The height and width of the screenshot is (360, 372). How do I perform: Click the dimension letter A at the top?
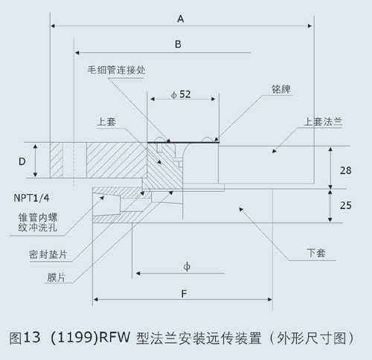[181, 19]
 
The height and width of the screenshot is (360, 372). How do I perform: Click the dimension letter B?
[178, 44]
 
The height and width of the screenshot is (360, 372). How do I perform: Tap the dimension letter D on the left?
[22, 161]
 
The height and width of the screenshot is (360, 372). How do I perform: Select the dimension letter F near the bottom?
[184, 294]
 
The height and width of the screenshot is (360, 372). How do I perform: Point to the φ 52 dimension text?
[181, 94]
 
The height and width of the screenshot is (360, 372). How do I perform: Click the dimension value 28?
[345, 170]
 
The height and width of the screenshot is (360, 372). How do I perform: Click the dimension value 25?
[345, 205]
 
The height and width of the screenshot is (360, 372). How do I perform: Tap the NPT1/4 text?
[31, 198]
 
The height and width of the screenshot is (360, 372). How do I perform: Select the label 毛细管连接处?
[116, 70]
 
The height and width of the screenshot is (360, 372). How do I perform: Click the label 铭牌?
[281, 89]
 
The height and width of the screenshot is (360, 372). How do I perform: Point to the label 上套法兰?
[323, 122]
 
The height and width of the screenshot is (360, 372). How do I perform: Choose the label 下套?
[316, 253]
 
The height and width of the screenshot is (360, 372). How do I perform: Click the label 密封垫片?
[48, 254]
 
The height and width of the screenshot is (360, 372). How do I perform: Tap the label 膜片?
[57, 277]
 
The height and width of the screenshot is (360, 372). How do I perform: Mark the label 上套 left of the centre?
[106, 122]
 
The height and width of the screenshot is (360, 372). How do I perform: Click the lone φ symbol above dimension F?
[187, 267]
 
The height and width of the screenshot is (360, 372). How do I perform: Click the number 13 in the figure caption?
[32, 338]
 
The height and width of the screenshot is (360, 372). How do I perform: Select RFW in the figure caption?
[115, 338]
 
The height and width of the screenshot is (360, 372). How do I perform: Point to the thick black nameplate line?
[183, 142]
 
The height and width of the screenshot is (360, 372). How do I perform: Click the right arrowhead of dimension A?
[310, 26]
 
